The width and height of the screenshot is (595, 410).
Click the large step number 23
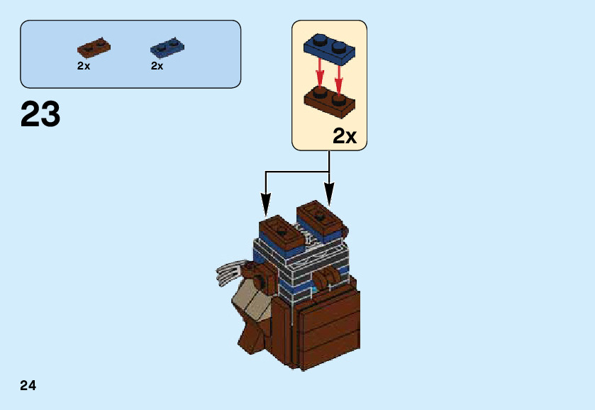40,114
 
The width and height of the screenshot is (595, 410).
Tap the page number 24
28,386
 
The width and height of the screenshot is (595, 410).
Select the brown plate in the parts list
94,48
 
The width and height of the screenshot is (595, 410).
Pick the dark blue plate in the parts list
167,48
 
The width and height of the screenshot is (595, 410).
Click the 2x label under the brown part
84,66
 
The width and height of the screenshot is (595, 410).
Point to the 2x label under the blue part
157,66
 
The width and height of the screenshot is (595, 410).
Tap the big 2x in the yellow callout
345,136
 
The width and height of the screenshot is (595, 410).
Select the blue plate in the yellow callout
330,47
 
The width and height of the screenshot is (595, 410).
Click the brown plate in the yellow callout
330,101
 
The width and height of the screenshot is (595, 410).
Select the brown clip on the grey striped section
327,278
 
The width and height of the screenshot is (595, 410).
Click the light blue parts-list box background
206,71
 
